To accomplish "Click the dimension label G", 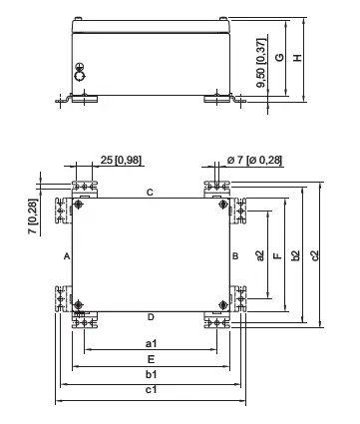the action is pos(281,57).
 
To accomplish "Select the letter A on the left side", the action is pos(66,256).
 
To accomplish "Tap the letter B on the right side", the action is pos(234,256).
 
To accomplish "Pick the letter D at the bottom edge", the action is pos(150,317).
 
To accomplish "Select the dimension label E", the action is pos(151,357).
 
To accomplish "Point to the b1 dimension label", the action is pos(152,373).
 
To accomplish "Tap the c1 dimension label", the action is pos(152,390).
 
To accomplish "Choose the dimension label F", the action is pos(277,256).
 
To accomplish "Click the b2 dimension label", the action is pos(296,256).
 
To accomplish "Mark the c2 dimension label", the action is pos(314,256).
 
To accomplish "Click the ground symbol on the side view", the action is pos(82,71).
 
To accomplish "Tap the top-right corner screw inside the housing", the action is pos(221,207).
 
